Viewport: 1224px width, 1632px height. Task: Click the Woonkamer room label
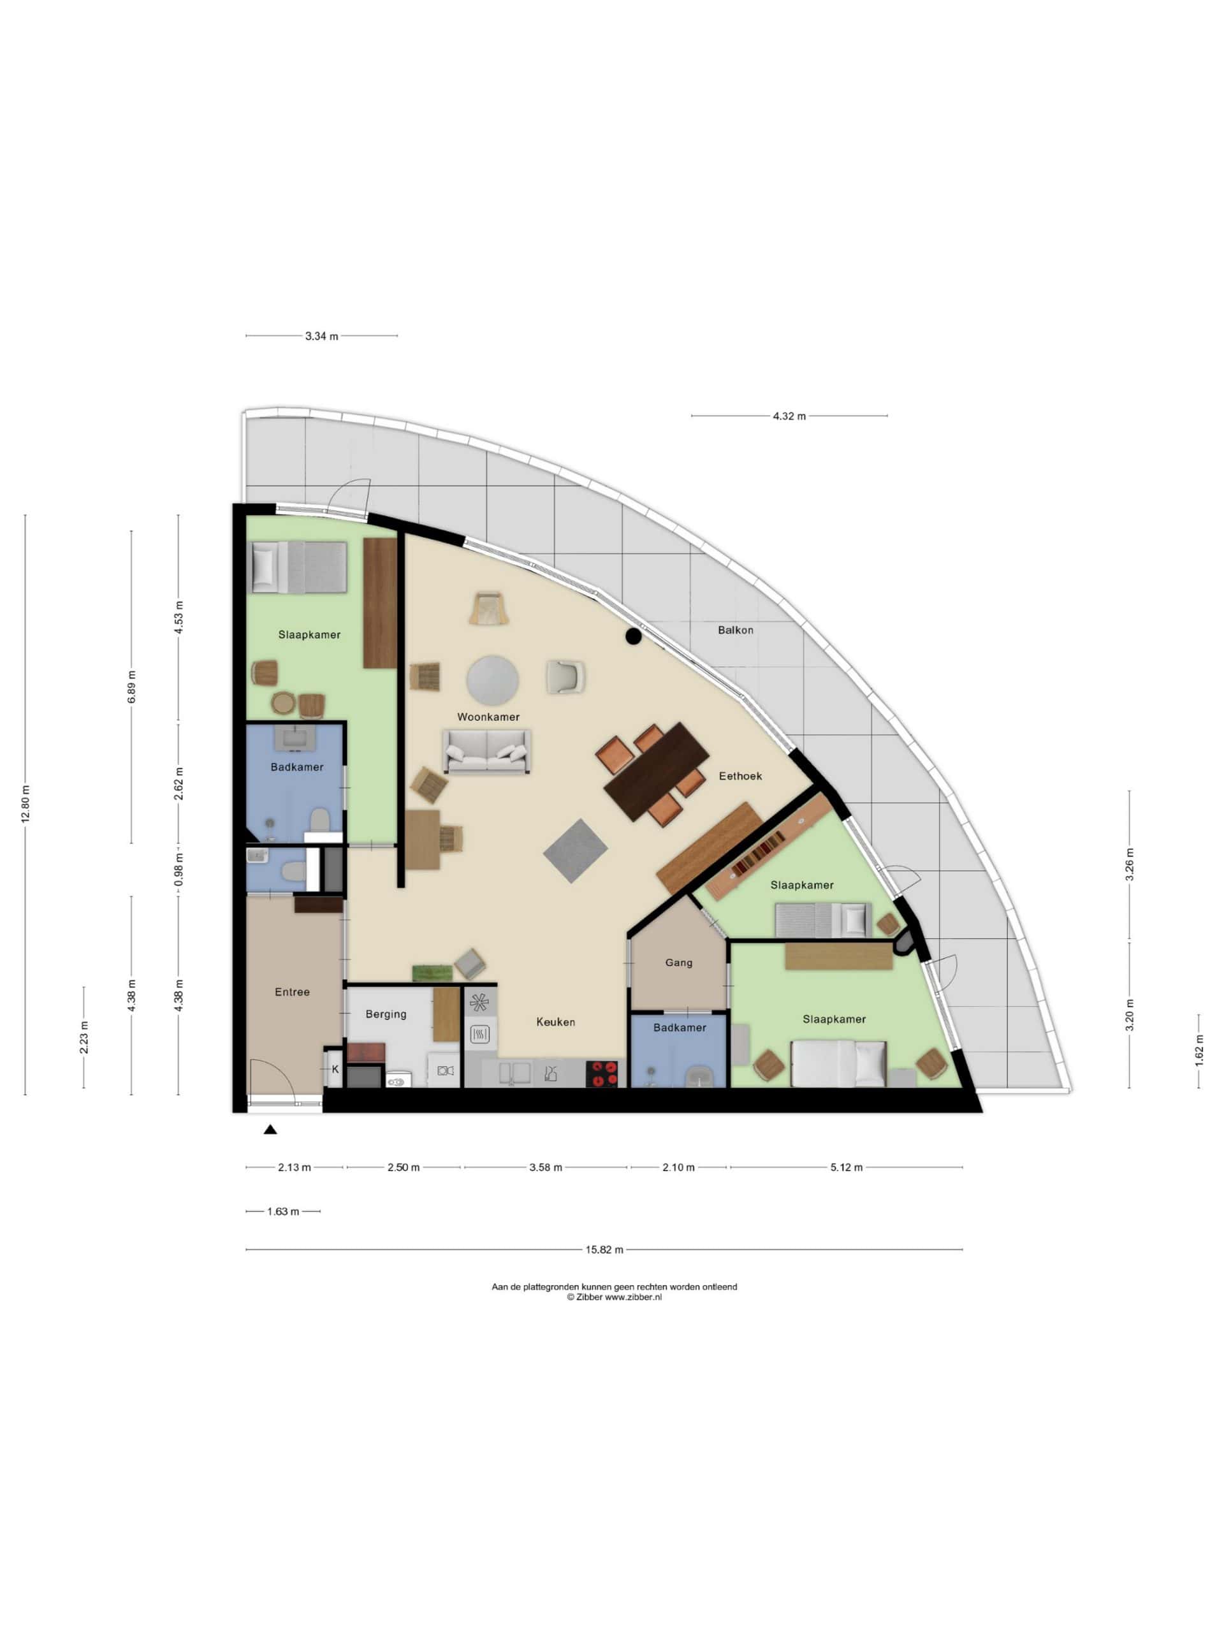(488, 717)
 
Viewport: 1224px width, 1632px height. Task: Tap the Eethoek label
(740, 775)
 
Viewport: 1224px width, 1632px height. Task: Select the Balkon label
(736, 629)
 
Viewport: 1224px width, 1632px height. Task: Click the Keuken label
(555, 1021)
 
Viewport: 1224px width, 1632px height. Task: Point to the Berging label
(386, 1014)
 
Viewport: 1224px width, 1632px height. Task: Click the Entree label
(292, 991)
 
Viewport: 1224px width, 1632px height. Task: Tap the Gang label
(679, 962)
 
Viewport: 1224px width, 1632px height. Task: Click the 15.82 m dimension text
(604, 1249)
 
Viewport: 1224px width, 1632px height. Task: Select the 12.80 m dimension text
(25, 804)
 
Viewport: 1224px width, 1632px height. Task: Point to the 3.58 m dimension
(545, 1167)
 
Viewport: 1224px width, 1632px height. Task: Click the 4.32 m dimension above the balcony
(789, 416)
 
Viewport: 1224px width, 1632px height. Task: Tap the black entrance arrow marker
(271, 1129)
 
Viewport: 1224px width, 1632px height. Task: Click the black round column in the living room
(633, 636)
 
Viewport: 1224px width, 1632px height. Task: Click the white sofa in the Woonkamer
(487, 751)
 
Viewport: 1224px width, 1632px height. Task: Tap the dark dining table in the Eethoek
(656, 771)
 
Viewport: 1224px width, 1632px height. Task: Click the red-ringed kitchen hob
(601, 1074)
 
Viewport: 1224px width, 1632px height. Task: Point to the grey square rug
(576, 850)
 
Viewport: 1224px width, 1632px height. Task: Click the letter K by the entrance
(335, 1068)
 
